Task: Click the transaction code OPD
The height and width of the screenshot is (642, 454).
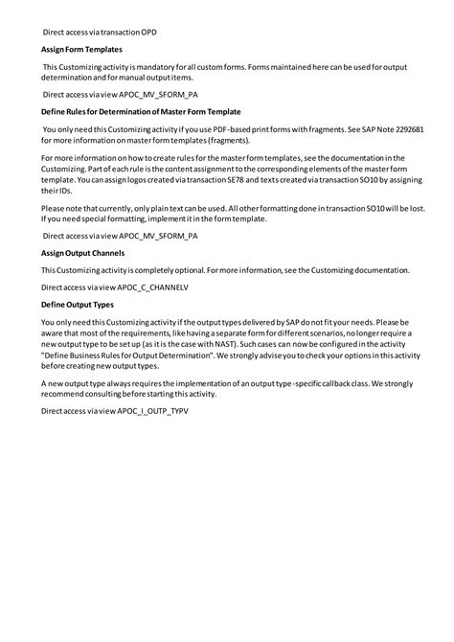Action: point(149,32)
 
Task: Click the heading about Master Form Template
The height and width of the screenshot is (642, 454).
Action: point(141,112)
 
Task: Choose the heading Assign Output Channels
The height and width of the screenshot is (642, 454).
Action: point(82,253)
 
